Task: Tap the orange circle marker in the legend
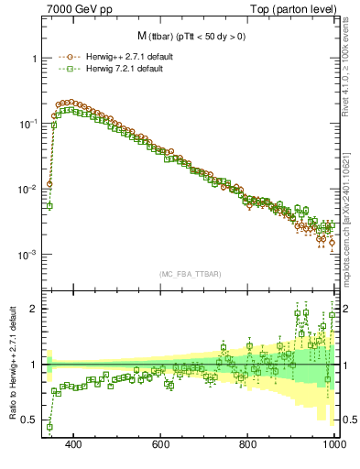point(64,56)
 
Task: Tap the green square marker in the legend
point(64,68)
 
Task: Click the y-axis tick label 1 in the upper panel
point(34,59)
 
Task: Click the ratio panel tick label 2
point(34,309)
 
